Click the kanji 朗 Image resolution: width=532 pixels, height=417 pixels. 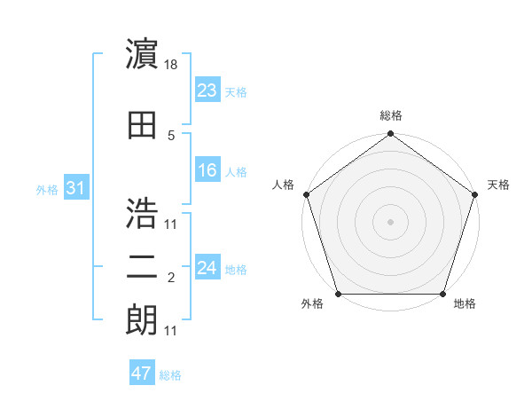pyautogui.click(x=142, y=320)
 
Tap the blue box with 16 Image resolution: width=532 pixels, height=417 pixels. pyautogui.click(x=207, y=170)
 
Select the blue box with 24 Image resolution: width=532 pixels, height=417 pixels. pyautogui.click(x=207, y=267)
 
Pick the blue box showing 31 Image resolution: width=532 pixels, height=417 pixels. pyautogui.click(x=75, y=188)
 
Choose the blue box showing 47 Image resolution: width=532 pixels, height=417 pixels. pyautogui.click(x=142, y=374)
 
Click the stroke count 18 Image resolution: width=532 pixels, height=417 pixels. pyautogui.click(x=172, y=65)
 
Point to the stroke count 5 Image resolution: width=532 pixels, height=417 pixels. pyautogui.click(x=171, y=136)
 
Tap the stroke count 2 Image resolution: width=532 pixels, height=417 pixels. pyautogui.click(x=171, y=279)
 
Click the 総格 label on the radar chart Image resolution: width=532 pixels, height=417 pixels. pyautogui.click(x=390, y=116)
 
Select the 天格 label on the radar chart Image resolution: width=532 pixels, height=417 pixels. pyautogui.click(x=498, y=185)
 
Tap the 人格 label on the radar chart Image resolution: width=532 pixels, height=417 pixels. pyautogui.click(x=284, y=185)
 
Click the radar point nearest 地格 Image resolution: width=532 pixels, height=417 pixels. pyautogui.click(x=443, y=294)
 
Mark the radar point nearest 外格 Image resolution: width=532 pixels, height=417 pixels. pyautogui.click(x=338, y=294)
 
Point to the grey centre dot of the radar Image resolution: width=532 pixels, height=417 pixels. pyautogui.click(x=390, y=221)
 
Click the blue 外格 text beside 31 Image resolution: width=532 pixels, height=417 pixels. pyautogui.click(x=46, y=189)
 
